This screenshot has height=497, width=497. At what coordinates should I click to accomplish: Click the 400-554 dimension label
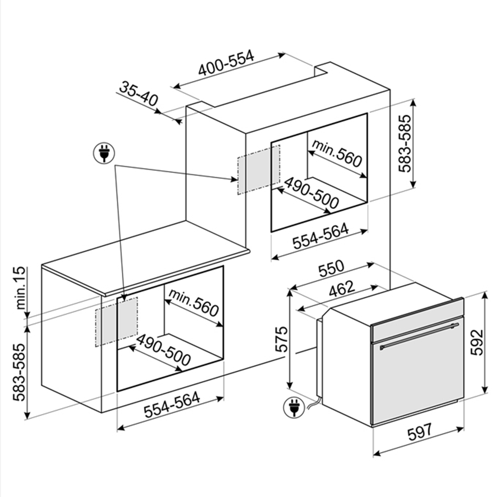[226, 63]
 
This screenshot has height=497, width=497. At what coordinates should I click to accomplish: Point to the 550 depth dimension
[331, 268]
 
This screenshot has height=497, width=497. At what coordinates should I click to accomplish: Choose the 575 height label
[282, 339]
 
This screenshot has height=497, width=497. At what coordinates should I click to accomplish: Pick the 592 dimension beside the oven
[476, 342]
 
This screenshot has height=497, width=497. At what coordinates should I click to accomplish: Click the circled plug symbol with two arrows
[104, 153]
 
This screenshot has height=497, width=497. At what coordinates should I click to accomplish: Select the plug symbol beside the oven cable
[293, 408]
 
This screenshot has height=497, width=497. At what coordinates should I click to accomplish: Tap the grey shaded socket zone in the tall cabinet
[258, 169]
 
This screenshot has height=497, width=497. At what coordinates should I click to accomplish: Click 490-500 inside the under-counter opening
[163, 350]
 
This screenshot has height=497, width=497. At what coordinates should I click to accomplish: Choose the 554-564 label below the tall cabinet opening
[320, 236]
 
